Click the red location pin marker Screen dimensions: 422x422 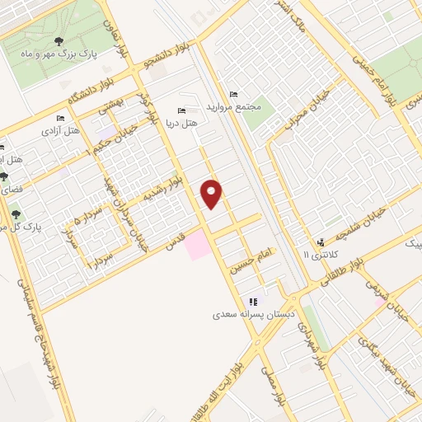(213, 193)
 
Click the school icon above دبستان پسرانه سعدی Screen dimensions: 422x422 (253, 302)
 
